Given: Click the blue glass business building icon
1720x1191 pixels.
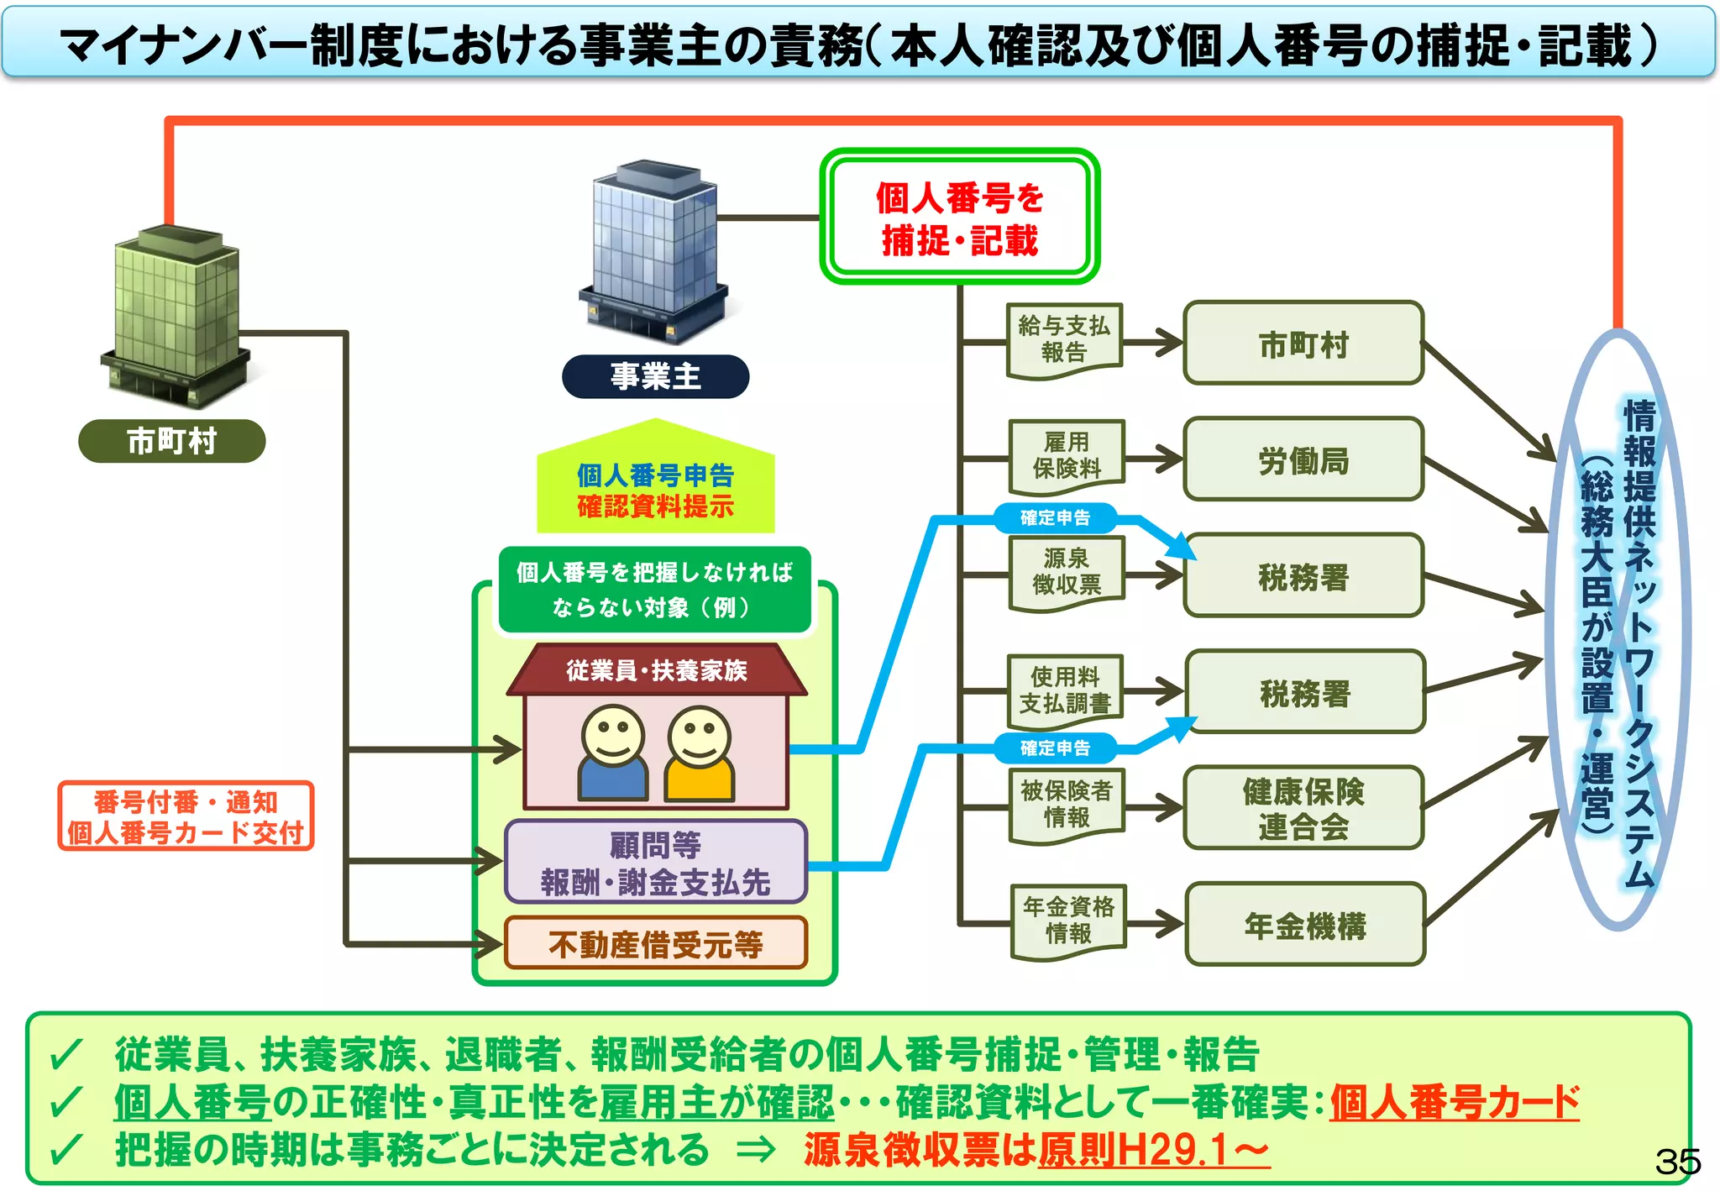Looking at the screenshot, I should pos(653,252).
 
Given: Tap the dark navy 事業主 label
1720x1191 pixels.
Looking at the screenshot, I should pos(655,376).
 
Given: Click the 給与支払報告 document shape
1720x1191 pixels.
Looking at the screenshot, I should pos(1064,340).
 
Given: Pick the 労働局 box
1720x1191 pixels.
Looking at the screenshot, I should pos(1303,460).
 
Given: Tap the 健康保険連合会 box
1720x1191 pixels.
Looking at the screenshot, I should pos(1303,809).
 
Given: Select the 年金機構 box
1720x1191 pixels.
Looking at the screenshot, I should pos(1305,926).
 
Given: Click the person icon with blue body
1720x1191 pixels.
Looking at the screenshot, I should pos(613,754).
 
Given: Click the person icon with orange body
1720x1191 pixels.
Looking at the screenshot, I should pos(700,754).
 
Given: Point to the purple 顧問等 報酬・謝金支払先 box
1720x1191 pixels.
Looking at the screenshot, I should pos(655,863).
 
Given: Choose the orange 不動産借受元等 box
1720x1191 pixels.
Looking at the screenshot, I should pos(655,944).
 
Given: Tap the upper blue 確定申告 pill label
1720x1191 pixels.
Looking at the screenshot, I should pos(1055,518).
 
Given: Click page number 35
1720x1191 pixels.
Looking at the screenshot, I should pos(1676,1162).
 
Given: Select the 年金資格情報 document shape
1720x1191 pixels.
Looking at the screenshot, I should pos(1068,921).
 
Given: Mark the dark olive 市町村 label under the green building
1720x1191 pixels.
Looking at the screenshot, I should pos(171,441).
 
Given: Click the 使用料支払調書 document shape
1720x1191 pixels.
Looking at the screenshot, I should pos(1065,690).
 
